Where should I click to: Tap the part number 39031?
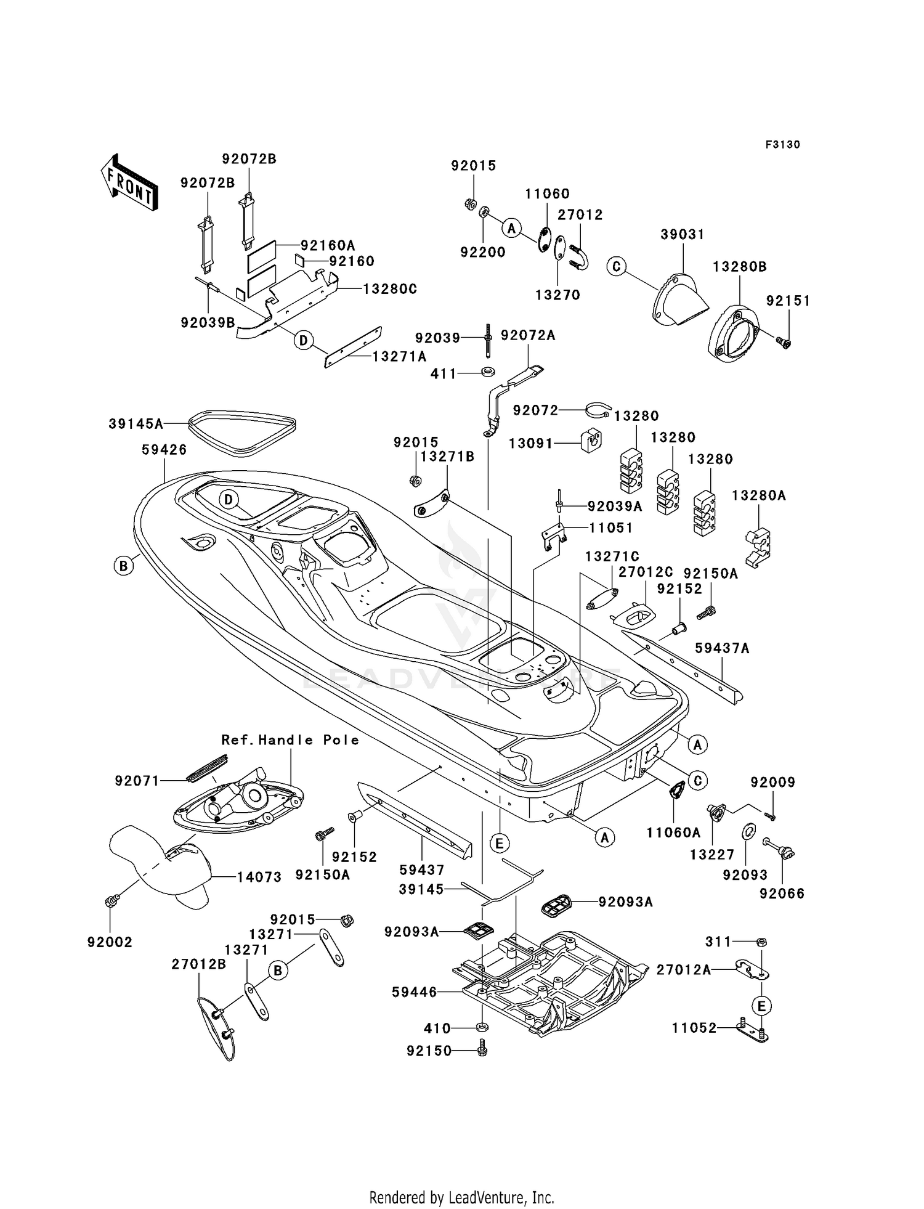click(x=683, y=235)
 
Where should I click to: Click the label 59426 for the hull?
click(x=164, y=450)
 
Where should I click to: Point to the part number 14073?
click(x=259, y=877)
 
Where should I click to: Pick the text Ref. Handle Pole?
click(x=291, y=740)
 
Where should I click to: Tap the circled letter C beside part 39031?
click(x=616, y=266)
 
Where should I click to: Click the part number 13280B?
click(x=740, y=267)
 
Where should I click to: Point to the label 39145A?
click(x=136, y=424)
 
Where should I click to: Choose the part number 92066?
click(x=782, y=894)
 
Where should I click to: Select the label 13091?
click(x=531, y=443)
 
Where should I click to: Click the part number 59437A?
click(x=722, y=648)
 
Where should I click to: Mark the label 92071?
click(x=137, y=781)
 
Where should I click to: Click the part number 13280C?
click(x=390, y=289)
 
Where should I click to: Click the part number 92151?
click(x=788, y=301)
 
